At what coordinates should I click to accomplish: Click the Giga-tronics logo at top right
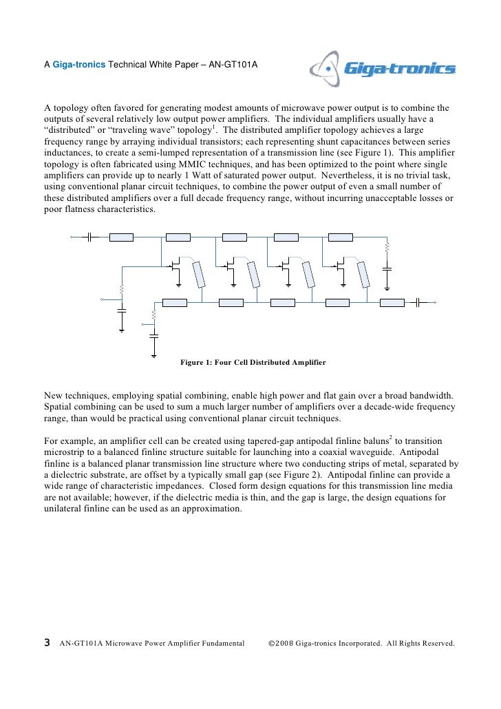[x=383, y=68]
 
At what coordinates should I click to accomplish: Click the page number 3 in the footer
[x=47, y=643]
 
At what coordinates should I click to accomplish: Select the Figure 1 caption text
[x=253, y=362]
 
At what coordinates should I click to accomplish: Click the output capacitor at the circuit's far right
[x=418, y=301]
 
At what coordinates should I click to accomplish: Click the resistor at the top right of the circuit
[x=387, y=246]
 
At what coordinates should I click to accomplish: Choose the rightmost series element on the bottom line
[x=392, y=301]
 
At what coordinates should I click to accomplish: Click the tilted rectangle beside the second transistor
[x=253, y=274]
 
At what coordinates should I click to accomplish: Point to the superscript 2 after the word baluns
[x=391, y=436]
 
